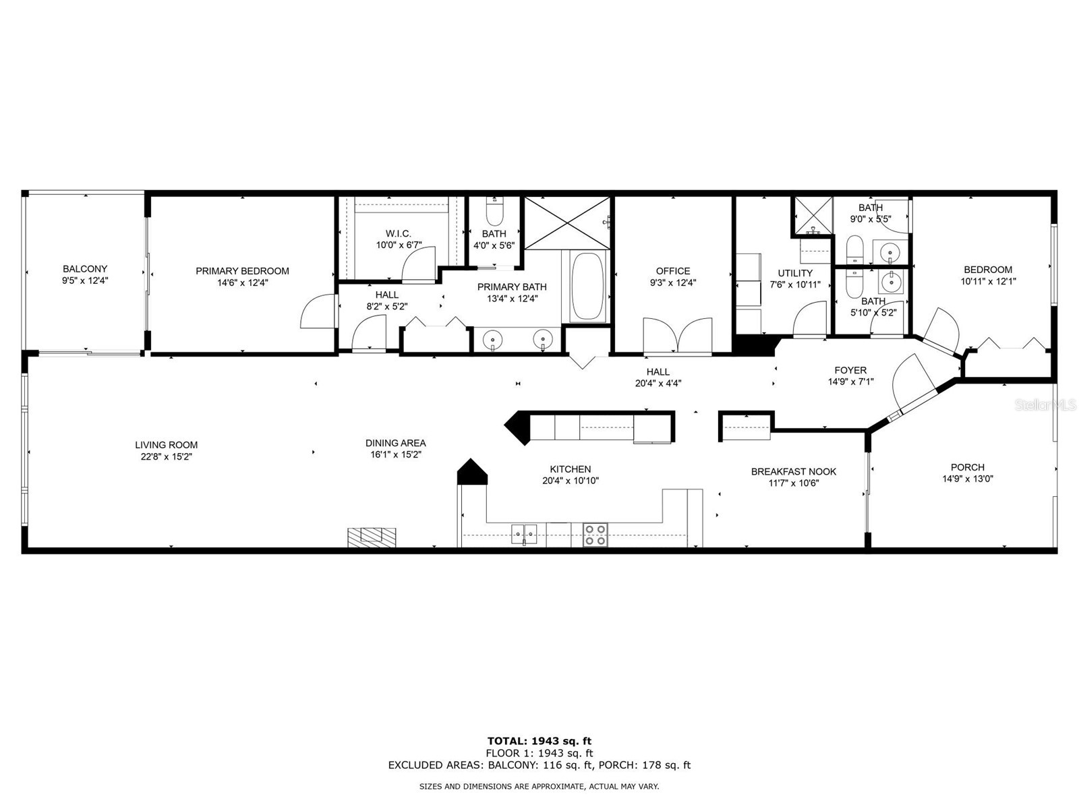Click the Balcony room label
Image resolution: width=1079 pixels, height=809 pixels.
coord(85,268)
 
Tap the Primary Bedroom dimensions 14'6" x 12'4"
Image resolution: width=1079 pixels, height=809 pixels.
coord(242,283)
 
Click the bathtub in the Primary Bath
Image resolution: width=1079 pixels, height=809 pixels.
coord(587,287)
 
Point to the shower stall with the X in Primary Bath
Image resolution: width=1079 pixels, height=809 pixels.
coord(567,222)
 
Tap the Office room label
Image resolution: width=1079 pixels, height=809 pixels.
coord(672,271)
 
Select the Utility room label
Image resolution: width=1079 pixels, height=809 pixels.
coord(795,273)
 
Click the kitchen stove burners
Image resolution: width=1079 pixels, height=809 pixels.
coord(595,535)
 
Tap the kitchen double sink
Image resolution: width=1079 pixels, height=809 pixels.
coord(524,534)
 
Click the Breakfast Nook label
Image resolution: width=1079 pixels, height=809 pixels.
coord(793,471)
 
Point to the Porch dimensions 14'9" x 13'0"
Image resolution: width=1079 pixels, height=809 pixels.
coord(967,479)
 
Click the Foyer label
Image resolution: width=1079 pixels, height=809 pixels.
coord(850,370)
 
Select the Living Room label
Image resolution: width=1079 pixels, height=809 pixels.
coord(166,445)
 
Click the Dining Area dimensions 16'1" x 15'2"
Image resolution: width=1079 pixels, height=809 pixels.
coord(395,455)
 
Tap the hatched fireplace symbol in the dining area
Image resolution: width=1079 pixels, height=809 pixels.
coord(372,536)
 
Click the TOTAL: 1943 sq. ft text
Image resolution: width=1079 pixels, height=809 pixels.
coord(539,741)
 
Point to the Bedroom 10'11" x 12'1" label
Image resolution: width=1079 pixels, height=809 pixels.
coord(987,270)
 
